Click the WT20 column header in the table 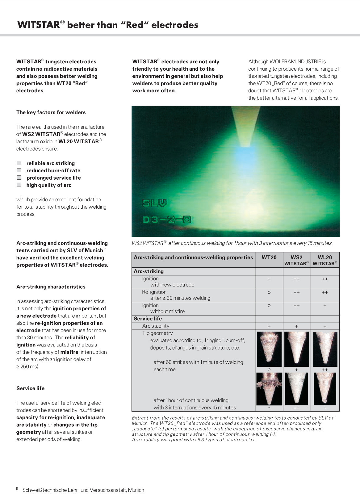pos(269,257)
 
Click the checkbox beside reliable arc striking pos(19,163)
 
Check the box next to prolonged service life pos(19,178)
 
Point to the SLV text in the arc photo pos(154,203)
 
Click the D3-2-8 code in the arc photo pos(167,220)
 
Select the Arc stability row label pos(156,326)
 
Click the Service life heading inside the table pos(148,319)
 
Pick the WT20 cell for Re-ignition pos(269,292)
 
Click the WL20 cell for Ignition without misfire pos(325,305)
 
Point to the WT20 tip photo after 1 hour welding pos(269,389)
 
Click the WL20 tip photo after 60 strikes pos(325,349)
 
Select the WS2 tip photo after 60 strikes pos(296,349)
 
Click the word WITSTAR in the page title pos(39,25)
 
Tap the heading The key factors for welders pos(51,112)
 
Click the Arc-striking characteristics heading pos(51,287)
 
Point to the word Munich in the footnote pos(136,490)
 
